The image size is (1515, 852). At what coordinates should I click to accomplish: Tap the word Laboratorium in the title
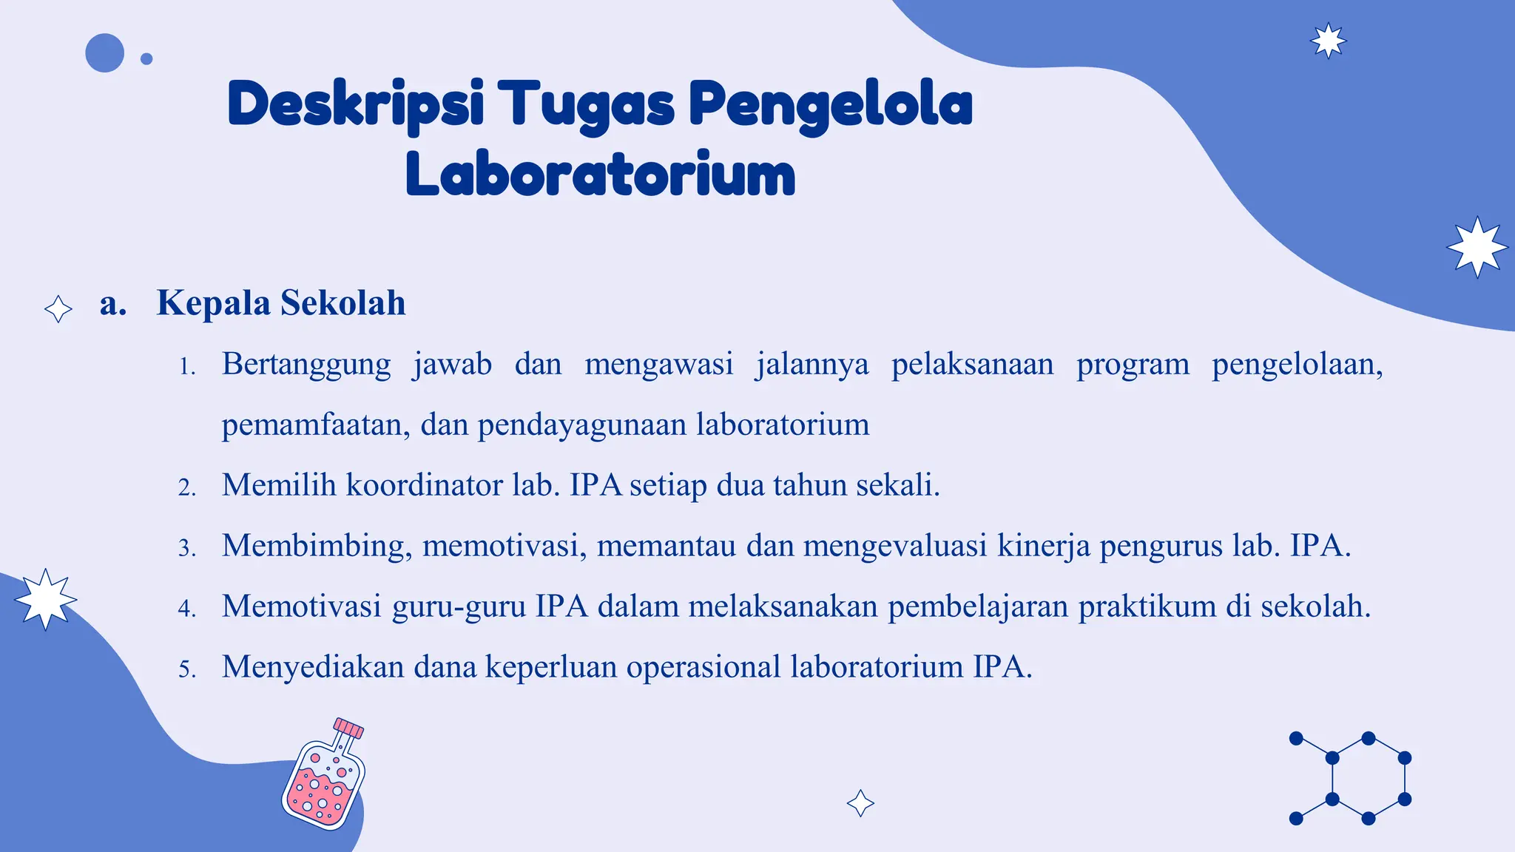pos(600,175)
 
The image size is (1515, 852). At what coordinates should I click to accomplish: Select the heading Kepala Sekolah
pos(280,303)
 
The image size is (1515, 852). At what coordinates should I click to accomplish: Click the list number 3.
pos(186,548)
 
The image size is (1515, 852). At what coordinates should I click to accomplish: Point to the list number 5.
pos(186,669)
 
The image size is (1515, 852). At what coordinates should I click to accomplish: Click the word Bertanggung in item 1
pos(306,365)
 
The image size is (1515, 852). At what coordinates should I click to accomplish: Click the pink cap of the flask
pos(348,728)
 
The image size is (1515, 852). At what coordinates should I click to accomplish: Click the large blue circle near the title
pos(104,53)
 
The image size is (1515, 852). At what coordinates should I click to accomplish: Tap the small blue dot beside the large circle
pos(146,59)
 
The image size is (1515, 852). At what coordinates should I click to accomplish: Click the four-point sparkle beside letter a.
pos(58,308)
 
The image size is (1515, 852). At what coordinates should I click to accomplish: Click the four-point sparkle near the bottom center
pos(860,803)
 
